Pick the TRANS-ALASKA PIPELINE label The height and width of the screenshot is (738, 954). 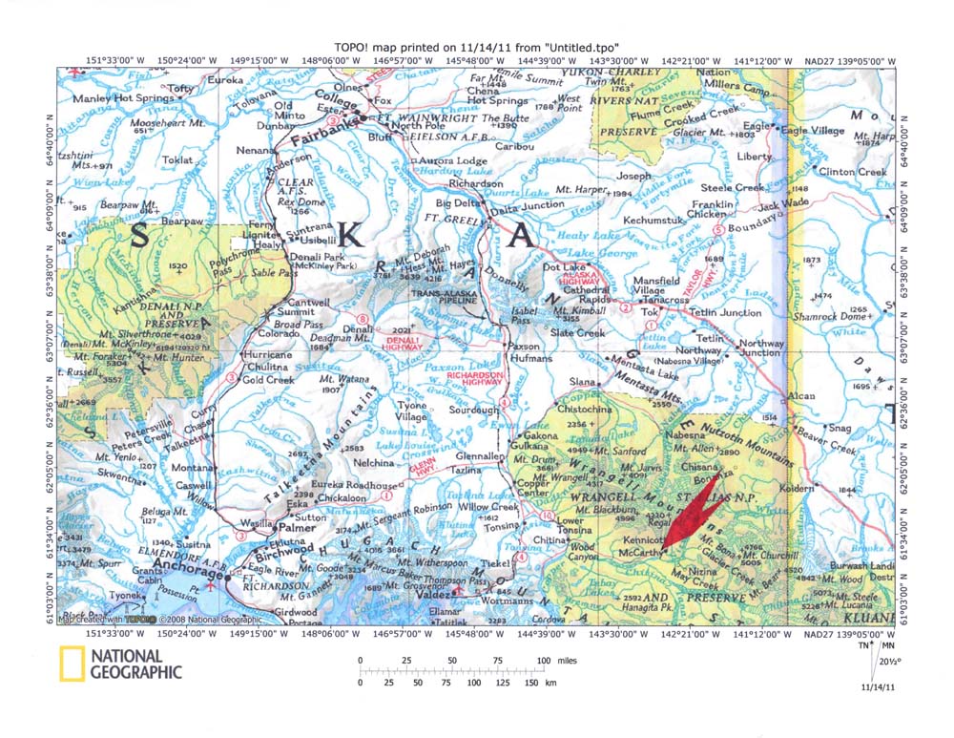coord(444,299)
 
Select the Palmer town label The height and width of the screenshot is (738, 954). coord(296,527)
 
